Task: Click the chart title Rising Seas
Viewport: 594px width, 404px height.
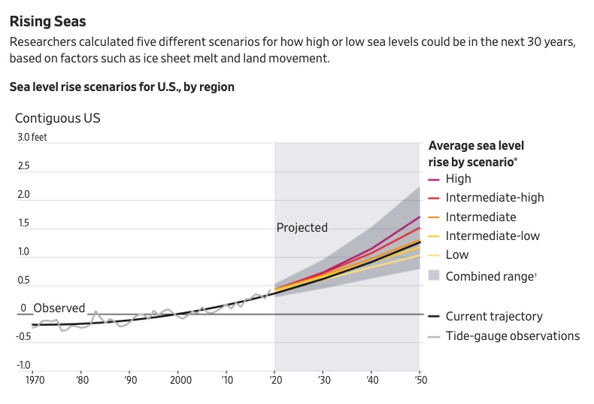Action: [x=47, y=21]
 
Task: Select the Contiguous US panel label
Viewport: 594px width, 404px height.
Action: [x=58, y=118]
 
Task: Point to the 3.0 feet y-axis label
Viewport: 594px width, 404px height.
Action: [x=32, y=137]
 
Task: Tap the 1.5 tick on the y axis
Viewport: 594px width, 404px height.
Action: [x=23, y=223]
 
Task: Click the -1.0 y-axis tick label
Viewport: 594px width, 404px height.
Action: [x=23, y=365]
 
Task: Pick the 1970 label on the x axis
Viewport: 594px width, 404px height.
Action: [x=35, y=380]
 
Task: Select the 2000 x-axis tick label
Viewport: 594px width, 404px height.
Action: [x=180, y=380]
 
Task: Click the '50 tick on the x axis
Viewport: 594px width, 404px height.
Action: [x=420, y=380]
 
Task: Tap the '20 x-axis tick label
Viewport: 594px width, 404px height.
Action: [x=276, y=380]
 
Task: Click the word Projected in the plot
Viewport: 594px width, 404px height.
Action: [x=302, y=227]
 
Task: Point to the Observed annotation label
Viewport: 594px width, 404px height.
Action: [x=59, y=308]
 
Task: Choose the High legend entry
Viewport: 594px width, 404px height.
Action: [x=459, y=178]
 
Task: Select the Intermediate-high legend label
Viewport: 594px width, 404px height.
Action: [x=495, y=197]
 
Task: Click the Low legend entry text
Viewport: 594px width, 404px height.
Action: [x=457, y=255]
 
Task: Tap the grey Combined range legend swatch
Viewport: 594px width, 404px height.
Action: [x=434, y=275]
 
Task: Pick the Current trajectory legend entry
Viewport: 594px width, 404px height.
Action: [x=494, y=316]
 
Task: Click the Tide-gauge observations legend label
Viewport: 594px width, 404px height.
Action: [x=513, y=336]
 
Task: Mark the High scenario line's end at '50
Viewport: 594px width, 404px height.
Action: [x=420, y=217]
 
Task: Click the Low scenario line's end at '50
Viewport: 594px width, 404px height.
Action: [x=420, y=256]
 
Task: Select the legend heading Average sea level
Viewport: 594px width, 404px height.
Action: [x=476, y=145]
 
